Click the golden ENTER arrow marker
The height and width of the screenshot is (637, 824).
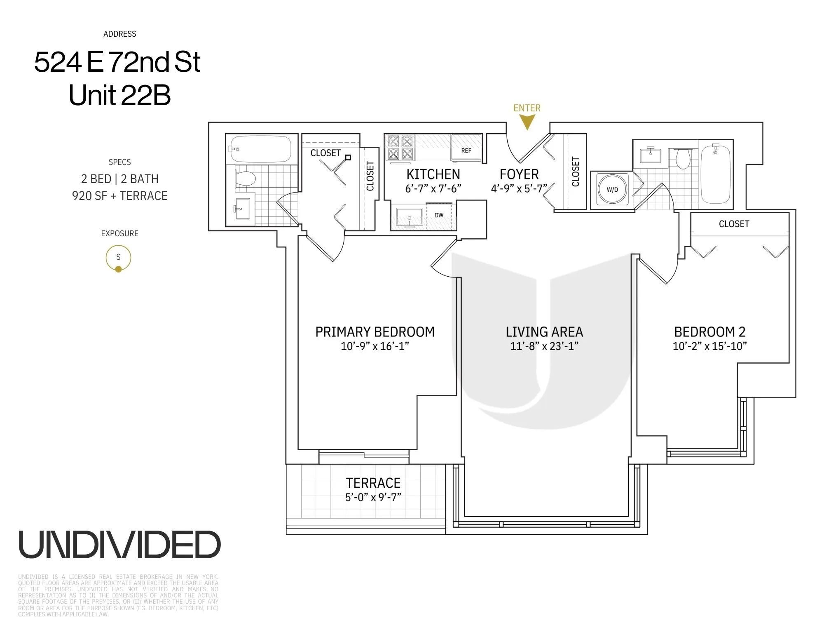tap(527, 122)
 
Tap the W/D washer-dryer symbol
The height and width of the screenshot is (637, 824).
tap(612, 190)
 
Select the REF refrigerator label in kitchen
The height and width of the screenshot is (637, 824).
tap(466, 150)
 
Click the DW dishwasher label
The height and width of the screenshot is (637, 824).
tap(439, 215)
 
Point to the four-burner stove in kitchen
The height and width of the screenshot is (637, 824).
tap(400, 148)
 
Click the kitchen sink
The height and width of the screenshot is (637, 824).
tap(409, 217)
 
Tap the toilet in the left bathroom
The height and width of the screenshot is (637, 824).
tap(245, 179)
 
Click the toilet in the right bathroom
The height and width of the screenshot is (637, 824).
tap(683, 158)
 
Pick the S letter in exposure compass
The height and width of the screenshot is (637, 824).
tap(118, 257)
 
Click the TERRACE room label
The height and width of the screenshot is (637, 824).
tap(373, 483)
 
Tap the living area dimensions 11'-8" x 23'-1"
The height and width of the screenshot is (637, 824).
tap(544, 346)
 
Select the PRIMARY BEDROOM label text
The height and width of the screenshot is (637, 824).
tap(375, 332)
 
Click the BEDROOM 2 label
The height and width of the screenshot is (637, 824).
tap(709, 332)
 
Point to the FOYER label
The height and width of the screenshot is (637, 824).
tap(519, 174)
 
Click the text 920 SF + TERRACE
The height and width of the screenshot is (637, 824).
tap(119, 196)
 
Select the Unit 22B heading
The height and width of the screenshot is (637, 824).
tap(119, 95)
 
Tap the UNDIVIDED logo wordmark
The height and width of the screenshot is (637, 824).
tap(119, 545)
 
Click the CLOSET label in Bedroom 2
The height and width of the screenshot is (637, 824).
tap(734, 224)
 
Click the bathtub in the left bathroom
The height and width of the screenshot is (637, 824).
tap(260, 149)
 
